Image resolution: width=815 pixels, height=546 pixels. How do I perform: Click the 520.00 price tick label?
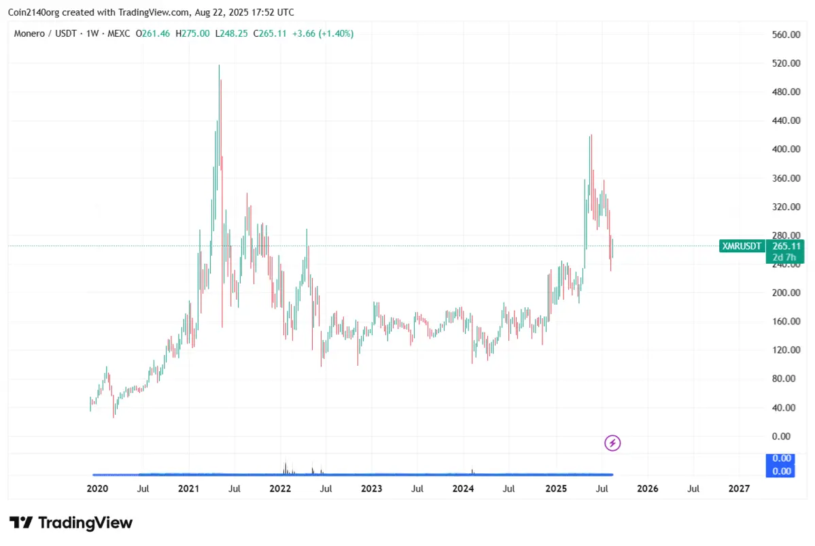coord(779,63)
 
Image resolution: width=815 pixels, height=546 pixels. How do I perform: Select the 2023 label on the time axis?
coord(371,489)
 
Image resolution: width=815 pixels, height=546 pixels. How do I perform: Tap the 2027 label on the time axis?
coord(739,489)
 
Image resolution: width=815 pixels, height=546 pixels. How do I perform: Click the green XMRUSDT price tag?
coord(741,245)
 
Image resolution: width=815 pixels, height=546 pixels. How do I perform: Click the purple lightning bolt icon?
coord(612,443)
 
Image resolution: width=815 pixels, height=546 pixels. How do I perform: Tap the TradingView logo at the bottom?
coord(71,523)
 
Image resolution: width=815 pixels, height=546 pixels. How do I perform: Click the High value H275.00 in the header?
coord(192,33)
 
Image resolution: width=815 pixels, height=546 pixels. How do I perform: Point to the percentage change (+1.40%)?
coord(334,33)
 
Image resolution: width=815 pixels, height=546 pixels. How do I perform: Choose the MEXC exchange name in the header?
coord(119,33)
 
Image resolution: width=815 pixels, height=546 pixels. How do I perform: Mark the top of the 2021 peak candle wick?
coord(219,65)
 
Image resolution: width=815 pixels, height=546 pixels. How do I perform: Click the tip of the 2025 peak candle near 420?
coord(591,135)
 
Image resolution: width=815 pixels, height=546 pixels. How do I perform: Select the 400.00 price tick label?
coord(779,149)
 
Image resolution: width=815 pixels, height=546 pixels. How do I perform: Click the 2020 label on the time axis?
coord(98,489)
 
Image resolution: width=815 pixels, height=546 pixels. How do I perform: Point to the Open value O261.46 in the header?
coord(154,33)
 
